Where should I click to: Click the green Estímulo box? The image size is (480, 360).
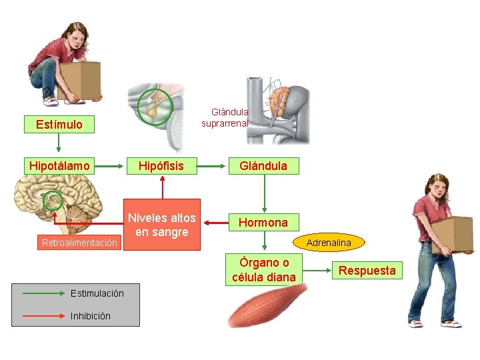59,124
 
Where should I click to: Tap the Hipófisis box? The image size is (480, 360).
161,165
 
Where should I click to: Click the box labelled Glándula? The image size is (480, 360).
263,165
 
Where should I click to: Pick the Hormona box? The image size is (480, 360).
263,222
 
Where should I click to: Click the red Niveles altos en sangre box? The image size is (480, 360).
161,225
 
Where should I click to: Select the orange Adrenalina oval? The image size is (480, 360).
329,243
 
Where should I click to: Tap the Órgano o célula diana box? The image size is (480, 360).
265,269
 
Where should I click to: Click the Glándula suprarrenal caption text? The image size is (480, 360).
226,118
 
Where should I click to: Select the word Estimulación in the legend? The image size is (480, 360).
97,293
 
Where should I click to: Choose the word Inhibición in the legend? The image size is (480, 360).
90,316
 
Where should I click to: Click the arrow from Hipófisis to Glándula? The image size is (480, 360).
213,165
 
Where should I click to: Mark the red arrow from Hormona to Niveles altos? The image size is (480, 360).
215,222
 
